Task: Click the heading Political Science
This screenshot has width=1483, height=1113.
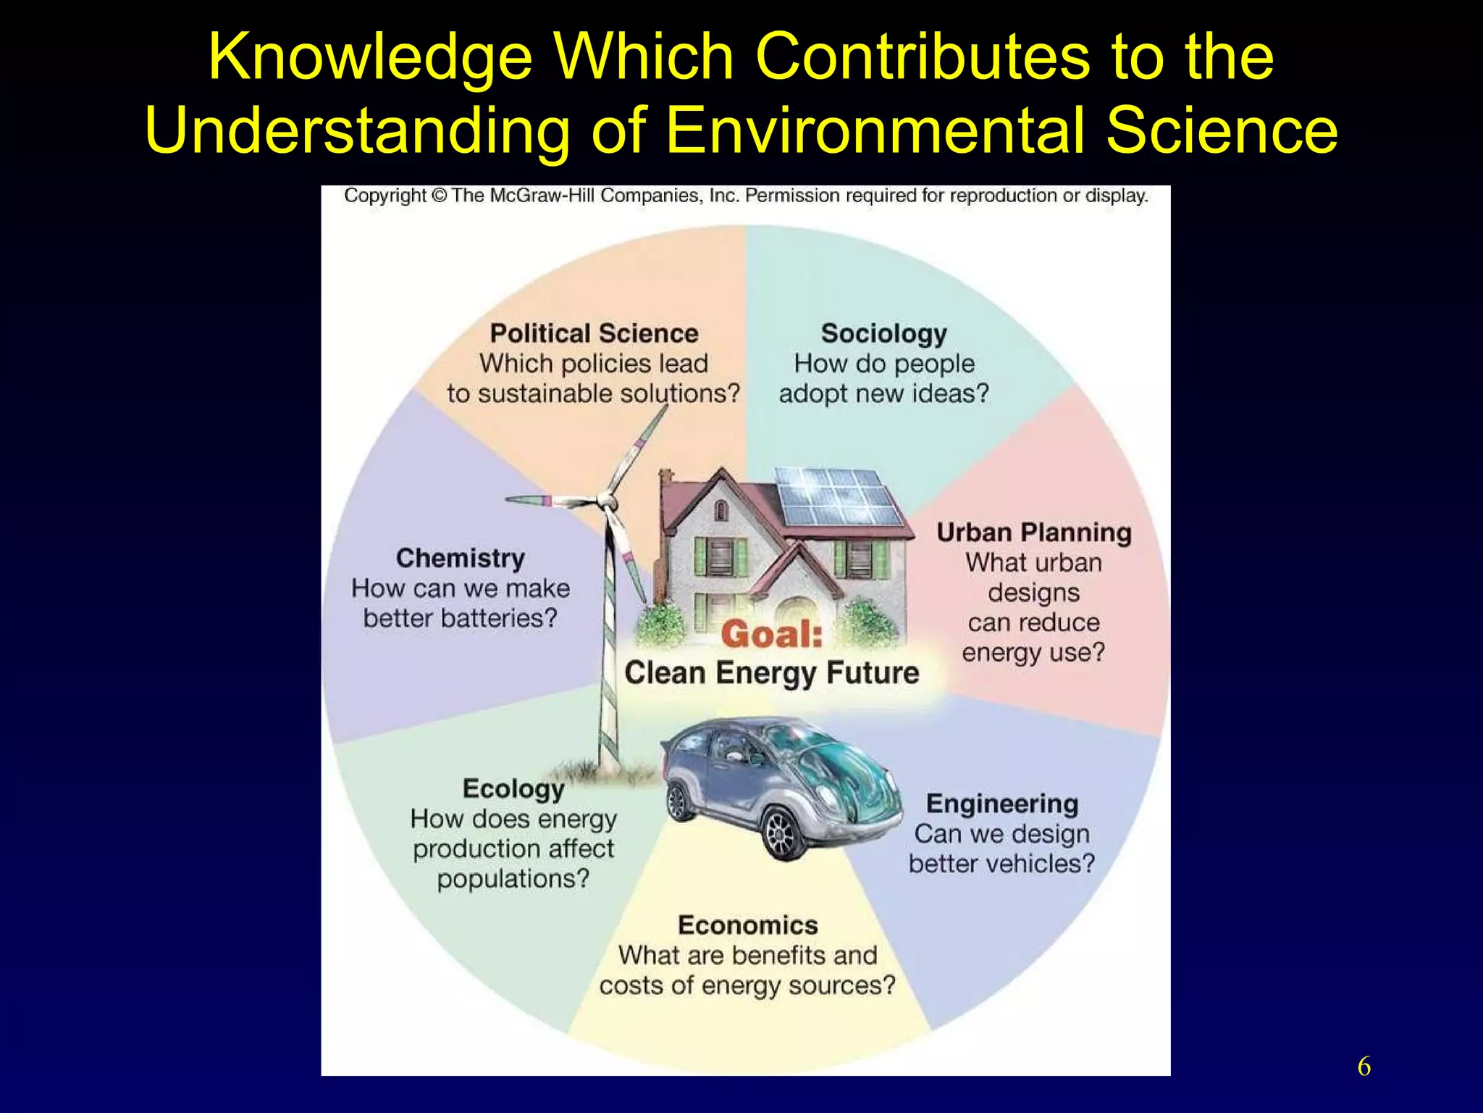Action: click(x=594, y=333)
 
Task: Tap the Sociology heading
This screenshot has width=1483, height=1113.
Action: click(x=883, y=333)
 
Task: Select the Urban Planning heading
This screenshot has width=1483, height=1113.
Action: click(x=1033, y=533)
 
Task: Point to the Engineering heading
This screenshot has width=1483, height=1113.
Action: click(x=1002, y=804)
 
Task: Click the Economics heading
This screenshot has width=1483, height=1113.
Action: click(x=747, y=925)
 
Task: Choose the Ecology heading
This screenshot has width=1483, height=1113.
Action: click(x=513, y=788)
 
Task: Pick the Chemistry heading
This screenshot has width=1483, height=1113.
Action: click(x=461, y=558)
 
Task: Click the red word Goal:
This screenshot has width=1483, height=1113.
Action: click(x=772, y=635)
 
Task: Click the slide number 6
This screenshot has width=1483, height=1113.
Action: click(x=1364, y=1067)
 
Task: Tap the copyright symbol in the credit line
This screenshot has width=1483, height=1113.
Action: click(x=439, y=196)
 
